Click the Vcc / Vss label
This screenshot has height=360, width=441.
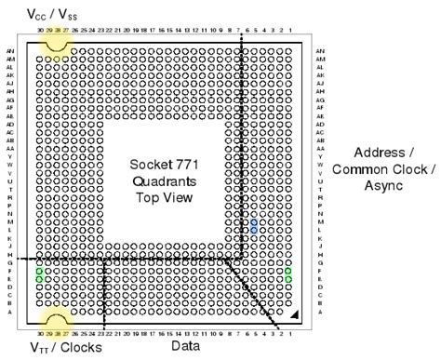pyautogui.click(x=52, y=14)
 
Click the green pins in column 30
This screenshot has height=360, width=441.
pyautogui.click(x=39, y=275)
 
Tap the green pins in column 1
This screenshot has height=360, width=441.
pyautogui.click(x=288, y=275)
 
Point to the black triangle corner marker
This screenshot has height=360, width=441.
pyautogui.click(x=294, y=316)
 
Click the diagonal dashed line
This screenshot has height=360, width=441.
pyautogui.click(x=260, y=297)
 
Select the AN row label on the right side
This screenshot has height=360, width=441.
pyautogui.click(x=321, y=51)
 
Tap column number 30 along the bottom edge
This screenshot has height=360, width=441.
pyautogui.click(x=39, y=332)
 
